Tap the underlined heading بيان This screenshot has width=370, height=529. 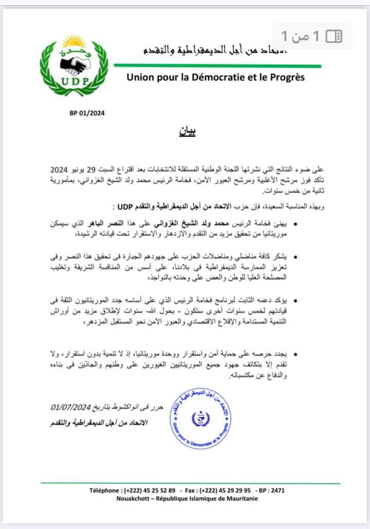tap(188, 131)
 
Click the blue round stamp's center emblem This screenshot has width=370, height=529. tap(200, 419)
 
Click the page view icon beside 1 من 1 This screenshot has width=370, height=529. tap(334, 36)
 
